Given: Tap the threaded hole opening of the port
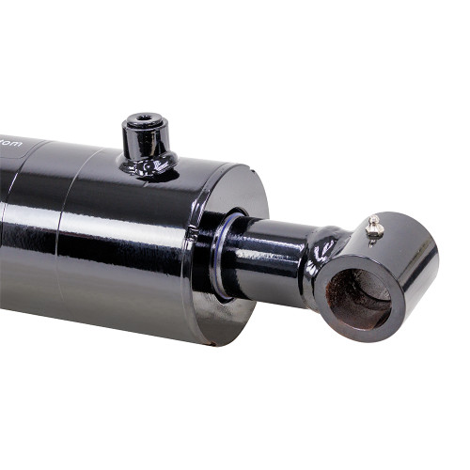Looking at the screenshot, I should pyautogui.click(x=144, y=120).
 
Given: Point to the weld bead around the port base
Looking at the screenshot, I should pyautogui.click(x=149, y=169).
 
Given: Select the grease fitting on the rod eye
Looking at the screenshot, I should pyautogui.click(x=375, y=227).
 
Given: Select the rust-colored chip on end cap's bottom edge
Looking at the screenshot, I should pyautogui.click(x=214, y=342).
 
